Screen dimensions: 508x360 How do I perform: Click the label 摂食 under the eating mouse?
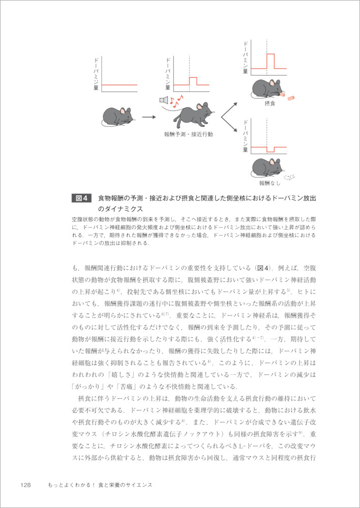[x=269, y=104]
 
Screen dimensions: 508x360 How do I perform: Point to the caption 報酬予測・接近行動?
[x=188, y=134]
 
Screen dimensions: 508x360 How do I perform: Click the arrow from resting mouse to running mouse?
[x=148, y=117]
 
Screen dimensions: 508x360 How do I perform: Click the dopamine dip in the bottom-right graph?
[x=270, y=149]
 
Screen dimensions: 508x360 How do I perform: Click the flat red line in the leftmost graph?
[x=119, y=85]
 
